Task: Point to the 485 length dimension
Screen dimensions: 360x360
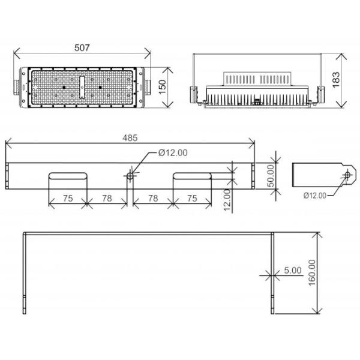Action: (x=130, y=137)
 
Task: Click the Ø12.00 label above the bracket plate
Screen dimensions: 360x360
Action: (x=173, y=152)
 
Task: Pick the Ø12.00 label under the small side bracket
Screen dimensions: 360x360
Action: (x=315, y=196)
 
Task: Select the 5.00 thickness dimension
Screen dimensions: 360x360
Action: (x=293, y=271)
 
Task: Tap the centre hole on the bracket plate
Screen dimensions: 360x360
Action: (x=130, y=176)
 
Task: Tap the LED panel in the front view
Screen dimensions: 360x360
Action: (x=82, y=88)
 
